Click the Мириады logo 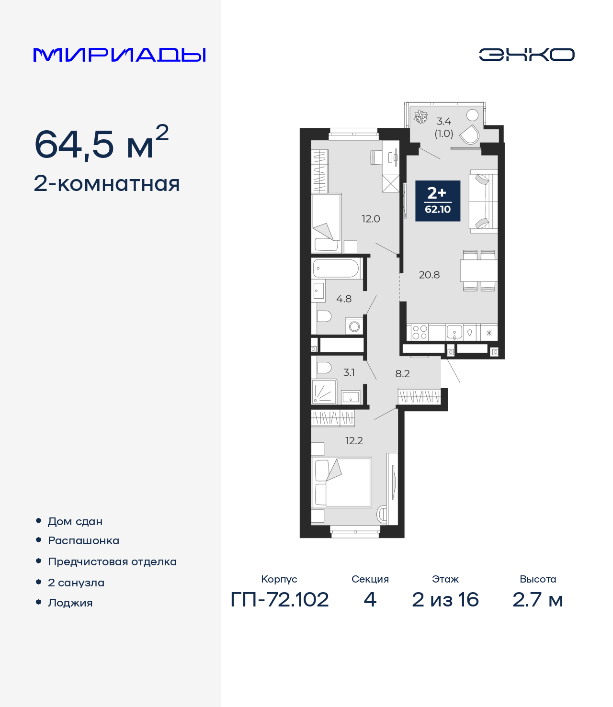(x=120, y=55)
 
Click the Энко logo (x=526, y=55)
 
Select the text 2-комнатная (x=107, y=184)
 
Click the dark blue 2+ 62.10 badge (x=438, y=201)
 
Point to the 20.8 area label (x=429, y=275)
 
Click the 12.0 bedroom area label (x=371, y=219)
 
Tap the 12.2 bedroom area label (x=354, y=441)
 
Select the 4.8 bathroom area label (x=344, y=299)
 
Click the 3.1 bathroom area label (x=349, y=372)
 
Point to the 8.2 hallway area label (x=402, y=374)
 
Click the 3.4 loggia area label (x=443, y=122)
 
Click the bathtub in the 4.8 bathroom (x=336, y=269)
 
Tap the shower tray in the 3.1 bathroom (x=324, y=392)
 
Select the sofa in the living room (x=484, y=201)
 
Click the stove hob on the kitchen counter (x=420, y=332)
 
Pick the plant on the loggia (x=420, y=117)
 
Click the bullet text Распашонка (x=83, y=541)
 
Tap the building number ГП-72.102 (x=280, y=600)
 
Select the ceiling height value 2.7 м (x=537, y=600)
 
